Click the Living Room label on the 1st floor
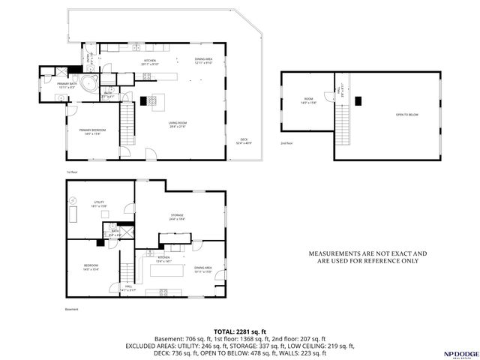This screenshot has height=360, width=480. tap(177, 124)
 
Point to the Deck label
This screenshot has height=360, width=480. tap(244, 140)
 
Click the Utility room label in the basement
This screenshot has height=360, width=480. tap(98, 203)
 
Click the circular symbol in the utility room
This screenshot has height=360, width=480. tap(73, 199)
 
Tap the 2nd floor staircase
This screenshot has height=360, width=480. tap(344, 117)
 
